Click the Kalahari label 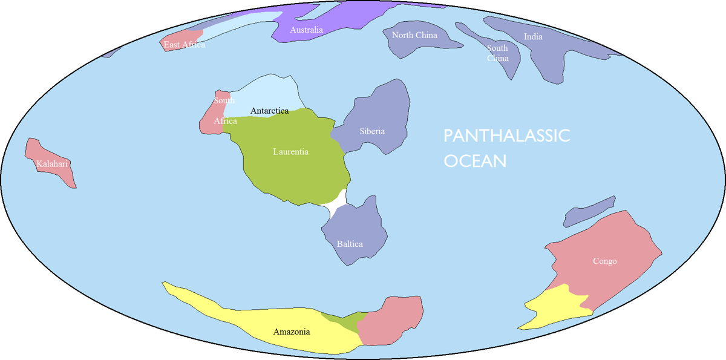[x=52, y=164]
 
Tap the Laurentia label [x=290, y=151]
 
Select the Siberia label [x=372, y=131]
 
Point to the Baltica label [x=350, y=244]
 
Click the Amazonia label [x=292, y=332]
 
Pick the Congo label [x=604, y=261]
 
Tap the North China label [x=414, y=35]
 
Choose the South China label [x=497, y=53]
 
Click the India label [x=533, y=37]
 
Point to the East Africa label [x=185, y=45]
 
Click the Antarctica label [x=269, y=111]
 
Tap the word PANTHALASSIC [x=506, y=136]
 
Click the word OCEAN [x=475, y=162]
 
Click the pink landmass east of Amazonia [x=390, y=321]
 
